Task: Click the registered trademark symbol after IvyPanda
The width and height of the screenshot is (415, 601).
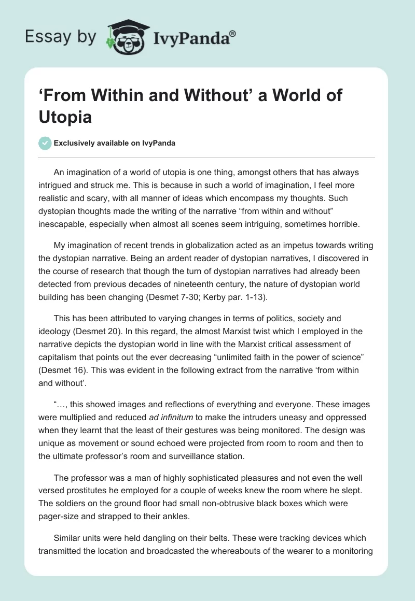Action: pyautogui.click(x=233, y=34)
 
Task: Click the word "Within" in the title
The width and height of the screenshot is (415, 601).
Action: pyautogui.click(x=115, y=96)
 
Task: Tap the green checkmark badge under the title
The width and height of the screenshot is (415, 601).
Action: pyautogui.click(x=45, y=144)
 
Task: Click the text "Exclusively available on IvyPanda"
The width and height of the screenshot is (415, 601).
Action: pyautogui.click(x=114, y=144)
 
